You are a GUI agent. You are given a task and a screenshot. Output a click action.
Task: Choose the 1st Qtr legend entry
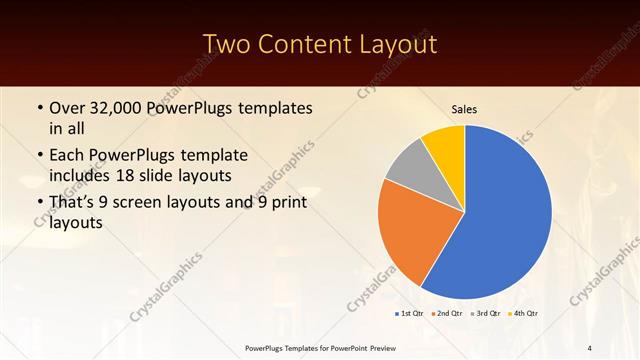click(410, 314)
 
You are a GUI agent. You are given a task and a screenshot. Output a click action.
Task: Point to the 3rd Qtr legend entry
click(487, 314)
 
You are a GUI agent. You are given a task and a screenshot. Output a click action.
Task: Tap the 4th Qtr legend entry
click(525, 314)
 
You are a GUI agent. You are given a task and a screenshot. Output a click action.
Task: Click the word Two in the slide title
click(227, 44)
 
